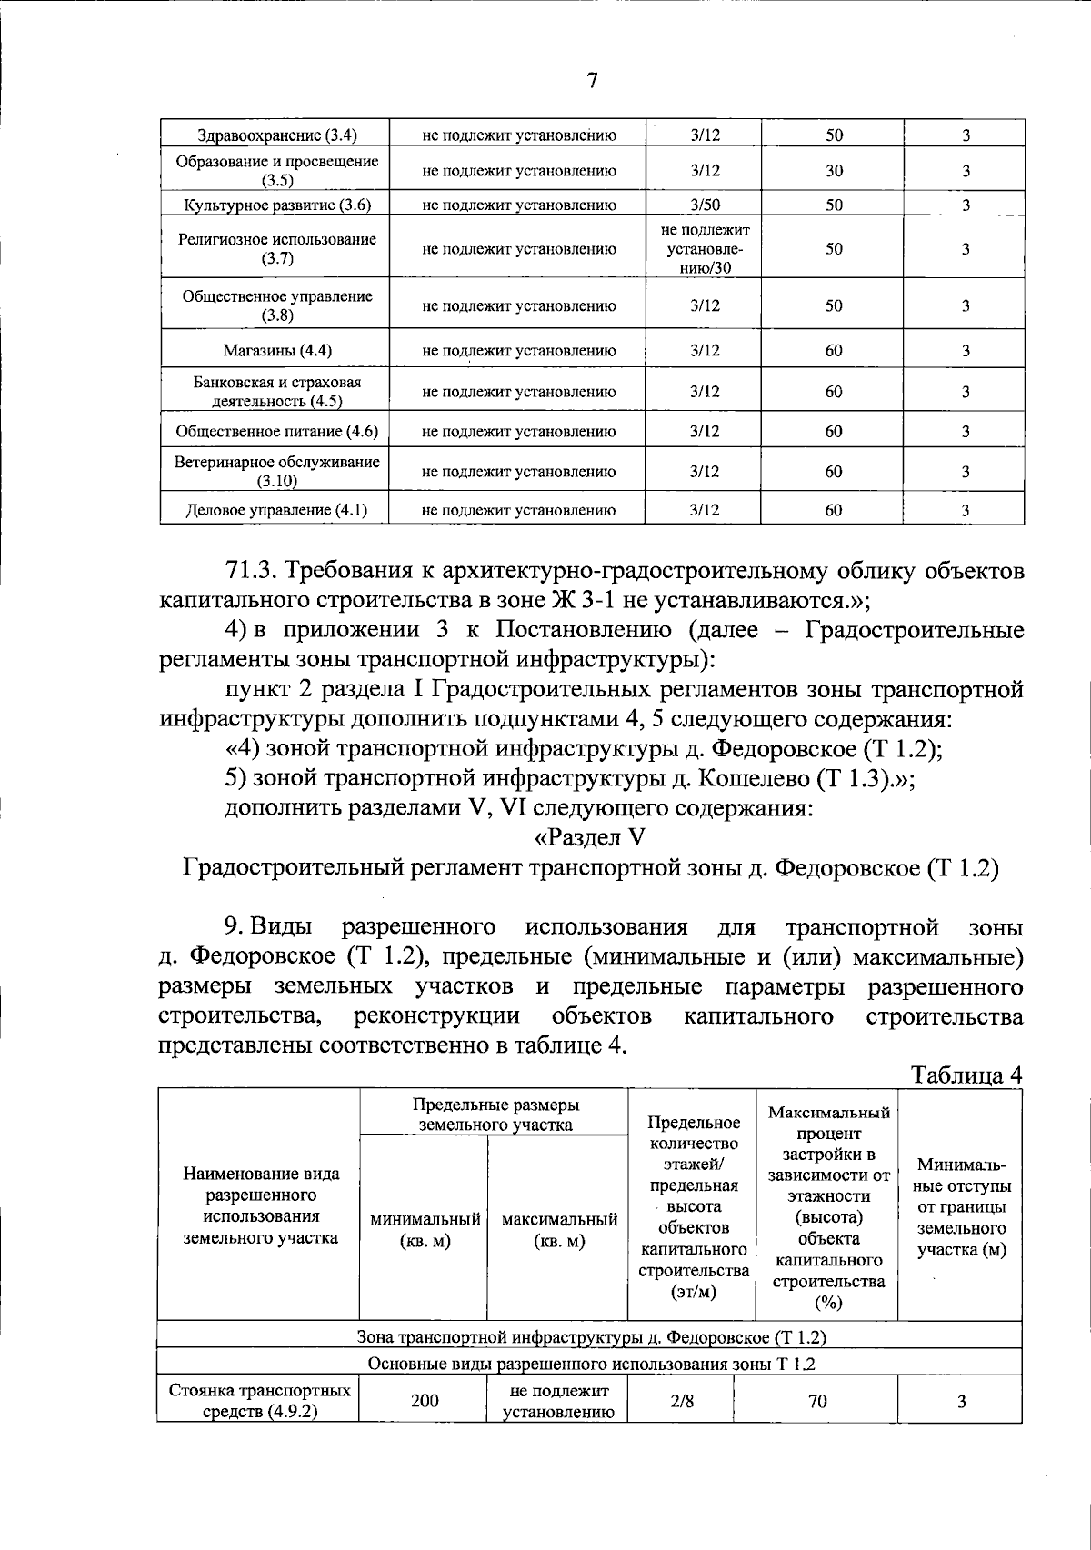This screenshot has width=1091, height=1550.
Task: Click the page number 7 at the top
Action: pos(592,81)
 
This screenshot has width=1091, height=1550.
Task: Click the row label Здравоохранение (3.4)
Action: pos(276,135)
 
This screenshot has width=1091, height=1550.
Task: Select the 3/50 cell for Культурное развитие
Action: pos(705,205)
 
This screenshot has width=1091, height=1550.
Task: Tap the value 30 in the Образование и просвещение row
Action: pos(834,170)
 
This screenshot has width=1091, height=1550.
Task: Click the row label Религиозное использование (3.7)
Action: pos(276,249)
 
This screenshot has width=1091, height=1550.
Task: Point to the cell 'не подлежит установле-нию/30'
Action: pos(705,248)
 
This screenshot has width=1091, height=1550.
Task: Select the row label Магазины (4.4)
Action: pos(276,350)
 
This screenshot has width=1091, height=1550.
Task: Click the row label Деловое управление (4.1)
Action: pos(276,510)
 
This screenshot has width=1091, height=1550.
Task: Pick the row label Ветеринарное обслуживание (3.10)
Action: pos(276,471)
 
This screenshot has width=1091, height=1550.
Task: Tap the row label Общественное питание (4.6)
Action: pos(276,431)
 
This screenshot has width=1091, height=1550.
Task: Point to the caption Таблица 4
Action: pos(966,1075)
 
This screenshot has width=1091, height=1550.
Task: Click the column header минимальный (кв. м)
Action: pos(425,1230)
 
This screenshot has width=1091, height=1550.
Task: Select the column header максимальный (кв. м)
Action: pos(559,1230)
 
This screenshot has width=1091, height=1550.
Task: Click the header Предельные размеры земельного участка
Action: pos(495,1115)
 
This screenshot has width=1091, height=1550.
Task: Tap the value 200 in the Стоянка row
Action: pos(424,1401)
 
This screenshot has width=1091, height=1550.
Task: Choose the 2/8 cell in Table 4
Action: pos(682,1401)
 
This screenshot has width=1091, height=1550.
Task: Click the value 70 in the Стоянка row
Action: pos(817,1401)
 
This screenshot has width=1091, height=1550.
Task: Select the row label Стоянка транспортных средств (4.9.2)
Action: pos(260,1401)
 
